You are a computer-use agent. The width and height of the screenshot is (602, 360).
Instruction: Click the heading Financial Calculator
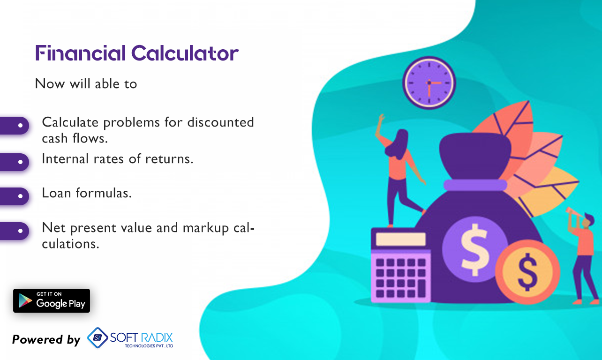tap(136, 53)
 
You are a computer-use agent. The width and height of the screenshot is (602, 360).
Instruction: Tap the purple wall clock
tap(429, 83)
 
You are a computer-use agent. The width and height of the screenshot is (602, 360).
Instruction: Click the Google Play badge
tap(52, 301)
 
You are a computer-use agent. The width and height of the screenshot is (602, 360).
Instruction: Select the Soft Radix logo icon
tap(97, 337)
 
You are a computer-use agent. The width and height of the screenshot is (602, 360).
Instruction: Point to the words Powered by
tap(46, 339)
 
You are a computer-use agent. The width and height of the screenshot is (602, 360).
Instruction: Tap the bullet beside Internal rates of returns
tap(20, 162)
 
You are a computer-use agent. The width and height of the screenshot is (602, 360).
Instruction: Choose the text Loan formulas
tap(87, 193)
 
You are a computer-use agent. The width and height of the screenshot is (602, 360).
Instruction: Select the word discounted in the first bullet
tap(220, 122)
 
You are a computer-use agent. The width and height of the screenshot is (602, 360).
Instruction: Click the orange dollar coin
tap(527, 272)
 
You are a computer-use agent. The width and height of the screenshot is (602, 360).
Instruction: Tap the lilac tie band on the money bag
tap(476, 185)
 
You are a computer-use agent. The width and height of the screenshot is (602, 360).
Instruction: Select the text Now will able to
tap(86, 84)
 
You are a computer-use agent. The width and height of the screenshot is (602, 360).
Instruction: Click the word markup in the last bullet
tap(206, 227)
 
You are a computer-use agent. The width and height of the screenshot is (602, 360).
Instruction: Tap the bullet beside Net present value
tap(20, 231)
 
